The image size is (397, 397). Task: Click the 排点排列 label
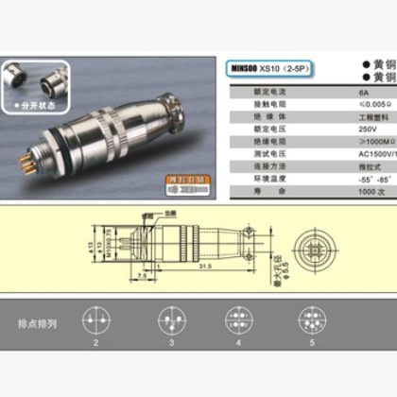tap(37, 323)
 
